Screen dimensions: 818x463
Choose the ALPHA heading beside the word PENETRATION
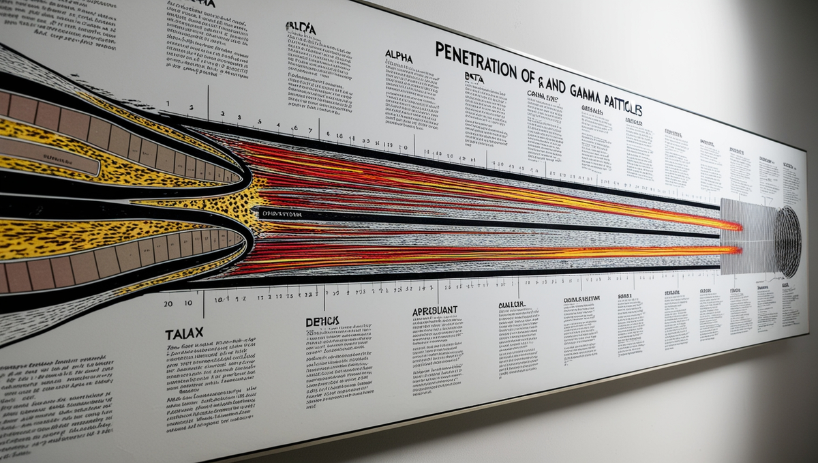pyautogui.click(x=399, y=57)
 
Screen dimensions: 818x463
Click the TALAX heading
pyautogui.click(x=184, y=334)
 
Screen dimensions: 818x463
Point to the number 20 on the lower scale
pyautogui.click(x=168, y=303)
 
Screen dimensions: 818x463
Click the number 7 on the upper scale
pyautogui.click(x=310, y=130)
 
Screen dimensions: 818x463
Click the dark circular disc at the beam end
pyautogui.click(x=787, y=242)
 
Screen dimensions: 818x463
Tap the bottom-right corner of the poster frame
pyautogui.click(x=807, y=334)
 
